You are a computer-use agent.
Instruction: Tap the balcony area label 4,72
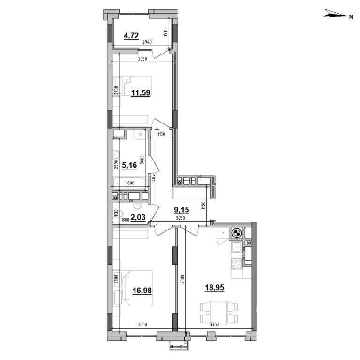tap(131, 35)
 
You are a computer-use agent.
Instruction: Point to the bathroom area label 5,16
tap(130, 165)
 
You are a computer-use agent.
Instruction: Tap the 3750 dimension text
tap(218, 325)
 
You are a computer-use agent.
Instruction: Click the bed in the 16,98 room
tap(138, 287)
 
